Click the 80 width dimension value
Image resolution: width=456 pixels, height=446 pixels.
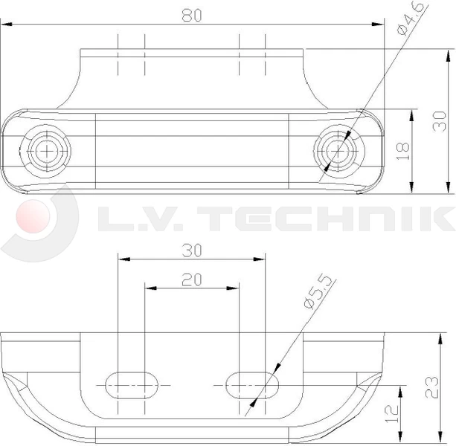[x=192, y=15]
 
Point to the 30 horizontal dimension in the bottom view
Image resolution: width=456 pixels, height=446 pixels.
[x=192, y=251]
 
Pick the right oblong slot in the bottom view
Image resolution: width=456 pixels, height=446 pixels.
[x=252, y=384]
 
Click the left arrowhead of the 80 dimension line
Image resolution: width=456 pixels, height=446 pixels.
[x=6, y=25]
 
